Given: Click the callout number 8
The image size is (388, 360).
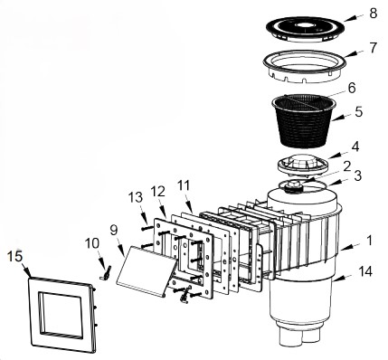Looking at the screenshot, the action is [x=373, y=13].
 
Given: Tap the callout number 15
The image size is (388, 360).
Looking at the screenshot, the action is [x=14, y=257].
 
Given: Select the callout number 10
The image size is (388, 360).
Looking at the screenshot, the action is [x=92, y=243].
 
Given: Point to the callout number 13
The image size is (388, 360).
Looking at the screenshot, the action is [x=135, y=198].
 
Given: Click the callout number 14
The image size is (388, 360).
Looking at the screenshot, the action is [x=364, y=271].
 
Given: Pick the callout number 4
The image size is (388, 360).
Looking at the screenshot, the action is [x=355, y=147].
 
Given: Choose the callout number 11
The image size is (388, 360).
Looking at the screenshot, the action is [x=185, y=185].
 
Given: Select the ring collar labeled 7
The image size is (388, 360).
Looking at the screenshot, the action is [x=305, y=65].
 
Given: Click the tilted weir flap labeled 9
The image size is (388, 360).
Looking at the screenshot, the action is [x=147, y=270].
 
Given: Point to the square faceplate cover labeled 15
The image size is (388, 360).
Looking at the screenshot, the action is [x=61, y=314].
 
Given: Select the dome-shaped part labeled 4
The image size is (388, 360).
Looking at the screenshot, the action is [x=302, y=164].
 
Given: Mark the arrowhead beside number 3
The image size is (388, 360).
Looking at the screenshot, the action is [x=330, y=183].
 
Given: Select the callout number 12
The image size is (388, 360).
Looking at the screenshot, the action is [x=158, y=191].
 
